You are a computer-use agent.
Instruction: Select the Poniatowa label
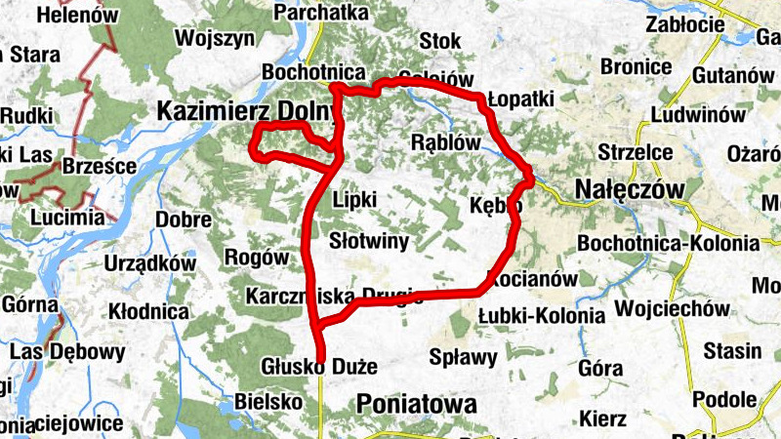tap(417, 404)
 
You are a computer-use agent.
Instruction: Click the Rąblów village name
tap(447, 142)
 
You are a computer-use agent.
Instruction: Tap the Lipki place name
tap(354, 199)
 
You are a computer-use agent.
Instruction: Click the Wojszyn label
tap(215, 39)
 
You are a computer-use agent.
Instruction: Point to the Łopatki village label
tap(520, 100)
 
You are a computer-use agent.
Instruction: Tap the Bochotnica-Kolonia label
tap(668, 242)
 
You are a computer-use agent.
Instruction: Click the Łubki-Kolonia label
tap(542, 315)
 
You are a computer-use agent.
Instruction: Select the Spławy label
tap(464, 356)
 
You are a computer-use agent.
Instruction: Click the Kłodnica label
tap(149, 312)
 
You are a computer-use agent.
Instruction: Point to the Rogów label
tap(258, 258)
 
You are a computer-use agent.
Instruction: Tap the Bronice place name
tap(636, 67)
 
